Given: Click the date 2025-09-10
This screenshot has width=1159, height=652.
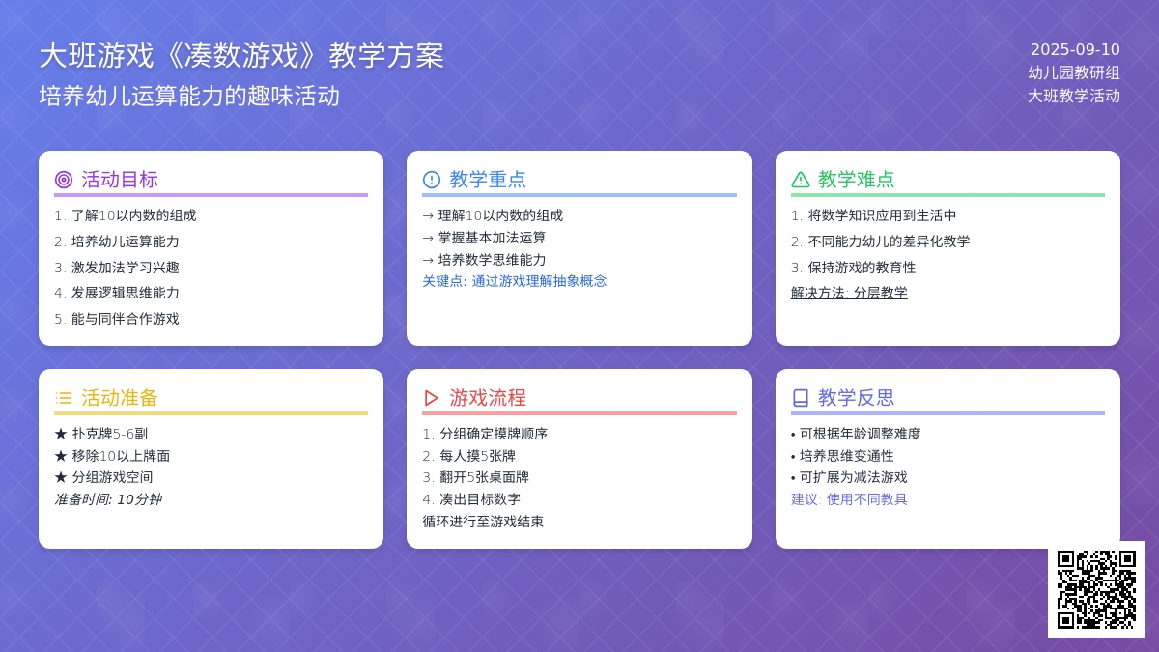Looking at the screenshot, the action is point(1075,49).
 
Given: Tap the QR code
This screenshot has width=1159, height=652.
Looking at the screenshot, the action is point(1096,589).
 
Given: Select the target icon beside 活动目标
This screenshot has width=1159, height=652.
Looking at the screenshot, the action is point(64,180).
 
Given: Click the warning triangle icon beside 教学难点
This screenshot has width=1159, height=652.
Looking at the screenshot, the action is point(800,180).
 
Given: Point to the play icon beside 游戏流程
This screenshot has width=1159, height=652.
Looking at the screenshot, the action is point(431,398).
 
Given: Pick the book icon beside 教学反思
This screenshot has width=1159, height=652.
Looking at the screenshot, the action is point(800,398).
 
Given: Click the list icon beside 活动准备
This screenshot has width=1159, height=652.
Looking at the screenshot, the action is point(64,398).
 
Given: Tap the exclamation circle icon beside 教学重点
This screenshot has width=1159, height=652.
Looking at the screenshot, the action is point(432,180).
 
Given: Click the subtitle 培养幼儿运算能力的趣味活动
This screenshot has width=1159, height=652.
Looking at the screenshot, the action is point(189,97).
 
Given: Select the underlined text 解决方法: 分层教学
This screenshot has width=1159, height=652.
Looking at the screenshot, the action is point(849,293).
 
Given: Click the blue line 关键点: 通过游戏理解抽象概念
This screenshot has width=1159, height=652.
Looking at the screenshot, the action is point(514,281).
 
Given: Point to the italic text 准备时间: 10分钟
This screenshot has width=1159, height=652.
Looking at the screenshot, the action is point(108,499).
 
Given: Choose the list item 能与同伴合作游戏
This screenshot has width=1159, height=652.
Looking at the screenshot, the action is point(126,319).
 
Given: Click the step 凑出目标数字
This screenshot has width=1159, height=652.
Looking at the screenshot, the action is point(480,499).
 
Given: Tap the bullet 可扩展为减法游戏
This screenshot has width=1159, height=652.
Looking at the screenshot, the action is point(853,477).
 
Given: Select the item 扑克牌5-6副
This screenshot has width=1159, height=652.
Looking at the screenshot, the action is point(110,434).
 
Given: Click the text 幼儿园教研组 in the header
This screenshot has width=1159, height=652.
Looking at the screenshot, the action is point(1074,73).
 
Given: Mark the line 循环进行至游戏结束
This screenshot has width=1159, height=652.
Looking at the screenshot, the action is point(483,522).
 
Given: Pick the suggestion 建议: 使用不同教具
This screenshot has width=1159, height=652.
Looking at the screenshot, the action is point(849,499).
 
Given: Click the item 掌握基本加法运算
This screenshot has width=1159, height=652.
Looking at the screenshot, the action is point(492,238).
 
